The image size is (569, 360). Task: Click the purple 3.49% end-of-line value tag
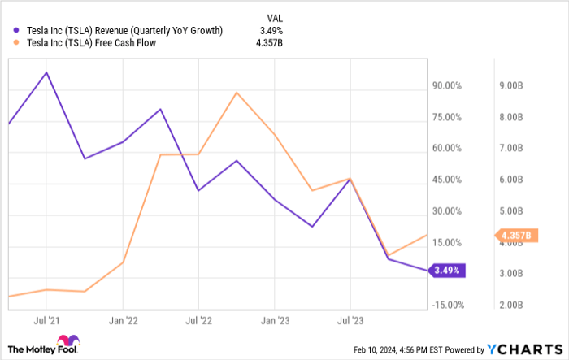[x=448, y=270]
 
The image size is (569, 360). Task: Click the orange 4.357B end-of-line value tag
[x=515, y=236]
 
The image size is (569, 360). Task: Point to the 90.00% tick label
[x=448, y=85]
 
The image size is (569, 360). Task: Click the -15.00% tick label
[x=446, y=306]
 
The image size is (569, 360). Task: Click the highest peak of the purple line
[x=46, y=72]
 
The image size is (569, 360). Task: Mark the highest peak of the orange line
[x=237, y=92]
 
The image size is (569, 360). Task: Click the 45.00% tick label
[x=448, y=180]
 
